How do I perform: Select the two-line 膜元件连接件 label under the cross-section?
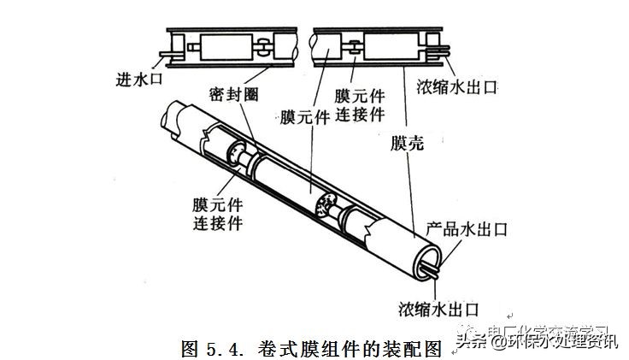[x=360, y=104]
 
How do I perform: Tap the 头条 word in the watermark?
[x=472, y=341]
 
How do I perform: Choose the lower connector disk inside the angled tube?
[x=325, y=205]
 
